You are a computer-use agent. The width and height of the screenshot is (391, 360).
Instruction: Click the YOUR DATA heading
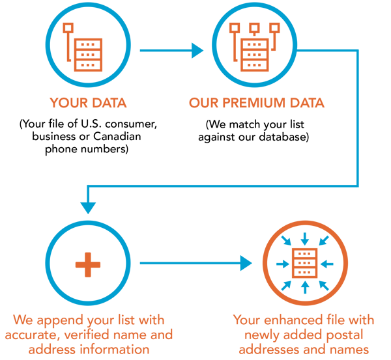coord(87,103)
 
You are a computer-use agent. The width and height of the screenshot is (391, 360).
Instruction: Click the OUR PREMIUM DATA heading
coord(256,103)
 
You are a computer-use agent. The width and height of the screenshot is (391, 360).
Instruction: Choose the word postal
coord(343,335)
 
